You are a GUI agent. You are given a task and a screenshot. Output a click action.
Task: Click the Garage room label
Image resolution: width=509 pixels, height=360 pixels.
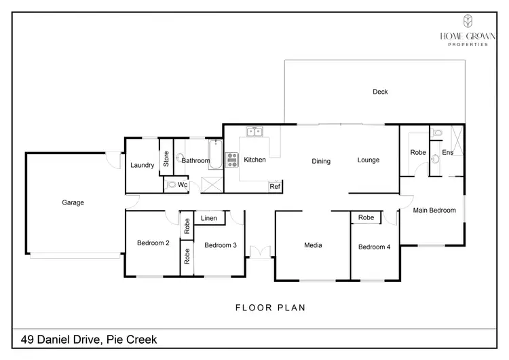coord(73,202)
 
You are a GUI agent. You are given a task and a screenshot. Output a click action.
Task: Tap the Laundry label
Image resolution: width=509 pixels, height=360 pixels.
coord(143,165)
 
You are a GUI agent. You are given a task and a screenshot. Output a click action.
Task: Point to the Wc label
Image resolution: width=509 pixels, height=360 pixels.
coord(183,184)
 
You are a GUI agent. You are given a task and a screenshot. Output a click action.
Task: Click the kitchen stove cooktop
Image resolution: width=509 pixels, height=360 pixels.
coord(231,160)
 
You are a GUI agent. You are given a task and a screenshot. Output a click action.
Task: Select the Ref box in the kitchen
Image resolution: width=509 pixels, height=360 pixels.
coord(275,186)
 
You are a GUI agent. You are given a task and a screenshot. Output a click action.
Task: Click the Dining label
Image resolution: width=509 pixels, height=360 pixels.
coord(321,162)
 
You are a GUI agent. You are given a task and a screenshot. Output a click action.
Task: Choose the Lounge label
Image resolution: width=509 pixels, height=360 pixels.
coord(369,160)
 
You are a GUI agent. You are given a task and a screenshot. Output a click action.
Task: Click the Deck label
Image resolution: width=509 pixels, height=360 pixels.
coord(380,92)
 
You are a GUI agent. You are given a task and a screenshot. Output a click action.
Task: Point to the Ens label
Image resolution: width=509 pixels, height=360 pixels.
coord(447,153)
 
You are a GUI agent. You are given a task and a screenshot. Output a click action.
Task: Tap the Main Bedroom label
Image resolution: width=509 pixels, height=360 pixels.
coord(434,211)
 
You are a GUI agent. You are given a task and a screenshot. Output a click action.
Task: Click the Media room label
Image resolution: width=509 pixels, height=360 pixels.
coord(313,245)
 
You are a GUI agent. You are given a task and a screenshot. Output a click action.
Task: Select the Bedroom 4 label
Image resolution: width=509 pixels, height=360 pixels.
coord(374,247)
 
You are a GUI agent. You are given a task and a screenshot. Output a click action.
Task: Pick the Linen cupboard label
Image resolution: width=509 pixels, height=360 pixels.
coord(209,218)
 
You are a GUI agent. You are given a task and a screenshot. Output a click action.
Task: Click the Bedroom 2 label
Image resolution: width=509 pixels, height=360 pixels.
coord(153,243)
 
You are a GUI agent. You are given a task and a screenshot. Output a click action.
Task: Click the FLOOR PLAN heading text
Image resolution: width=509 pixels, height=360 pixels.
coord(270,308)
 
